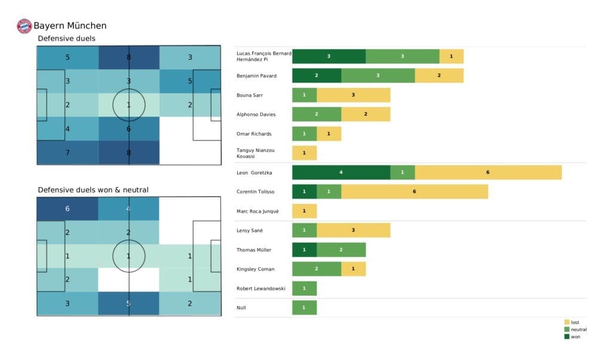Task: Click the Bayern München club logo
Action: [24, 26]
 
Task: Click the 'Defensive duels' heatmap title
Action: [66, 39]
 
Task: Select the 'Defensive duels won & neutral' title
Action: [93, 190]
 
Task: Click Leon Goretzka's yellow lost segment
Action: [488, 172]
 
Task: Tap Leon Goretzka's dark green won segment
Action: [341, 172]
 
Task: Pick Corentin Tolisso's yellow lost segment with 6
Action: [414, 191]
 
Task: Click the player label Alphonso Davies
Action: [256, 114]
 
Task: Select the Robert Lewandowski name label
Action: [261, 288]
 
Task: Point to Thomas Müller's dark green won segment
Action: [304, 249]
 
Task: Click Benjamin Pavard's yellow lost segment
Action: [439, 76]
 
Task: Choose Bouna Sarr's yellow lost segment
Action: [353, 95]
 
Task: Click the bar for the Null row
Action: [304, 307]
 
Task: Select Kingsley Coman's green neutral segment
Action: [316, 269]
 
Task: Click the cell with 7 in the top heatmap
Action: [68, 152]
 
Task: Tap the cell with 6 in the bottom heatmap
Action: [68, 208]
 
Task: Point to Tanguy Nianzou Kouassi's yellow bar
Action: [304, 153]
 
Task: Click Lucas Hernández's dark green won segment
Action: [329, 56]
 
